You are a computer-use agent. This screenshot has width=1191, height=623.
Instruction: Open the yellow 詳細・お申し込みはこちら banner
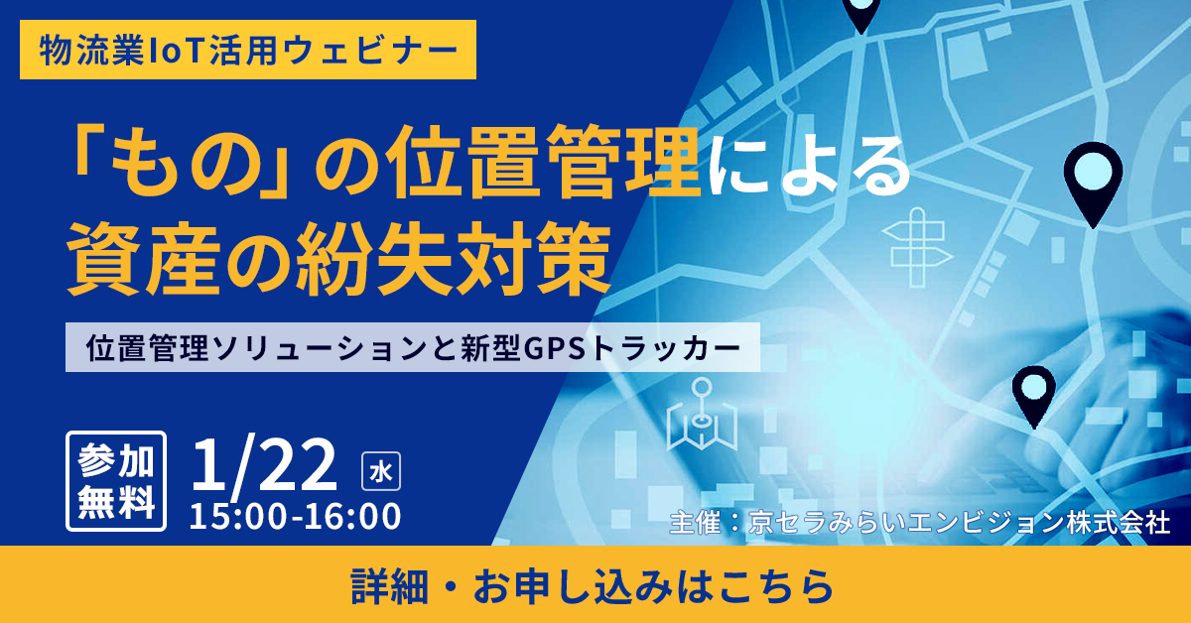click(x=595, y=585)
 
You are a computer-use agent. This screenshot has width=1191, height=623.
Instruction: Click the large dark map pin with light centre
click(x=1093, y=180)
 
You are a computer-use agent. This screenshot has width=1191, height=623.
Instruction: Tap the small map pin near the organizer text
click(x=1033, y=392)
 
